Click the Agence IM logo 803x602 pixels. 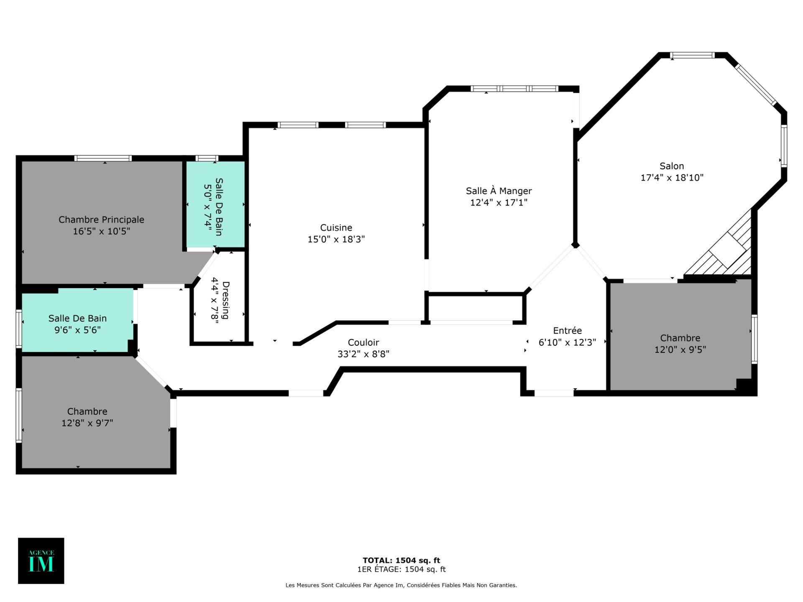click(41, 561)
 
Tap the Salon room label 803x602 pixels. click(672, 166)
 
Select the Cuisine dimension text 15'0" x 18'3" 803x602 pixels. click(336, 239)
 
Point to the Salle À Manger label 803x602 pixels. click(499, 191)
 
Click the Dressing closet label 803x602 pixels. click(226, 300)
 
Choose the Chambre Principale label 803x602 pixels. click(101, 219)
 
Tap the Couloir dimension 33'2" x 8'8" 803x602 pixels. click(363, 354)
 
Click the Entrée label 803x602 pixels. click(567, 331)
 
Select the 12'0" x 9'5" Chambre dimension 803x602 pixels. click(680, 349)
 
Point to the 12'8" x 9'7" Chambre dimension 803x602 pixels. click(87, 423)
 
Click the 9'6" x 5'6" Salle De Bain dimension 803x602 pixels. click(77, 330)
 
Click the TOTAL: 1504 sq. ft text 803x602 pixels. click(401, 561)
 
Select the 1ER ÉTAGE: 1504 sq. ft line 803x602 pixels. click(401, 569)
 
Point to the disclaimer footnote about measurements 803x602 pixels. click(401, 585)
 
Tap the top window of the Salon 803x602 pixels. click(693, 55)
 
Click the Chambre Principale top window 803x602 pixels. click(103, 158)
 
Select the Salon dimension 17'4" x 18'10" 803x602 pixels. click(672, 178)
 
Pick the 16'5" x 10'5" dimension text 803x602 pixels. click(101, 231)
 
